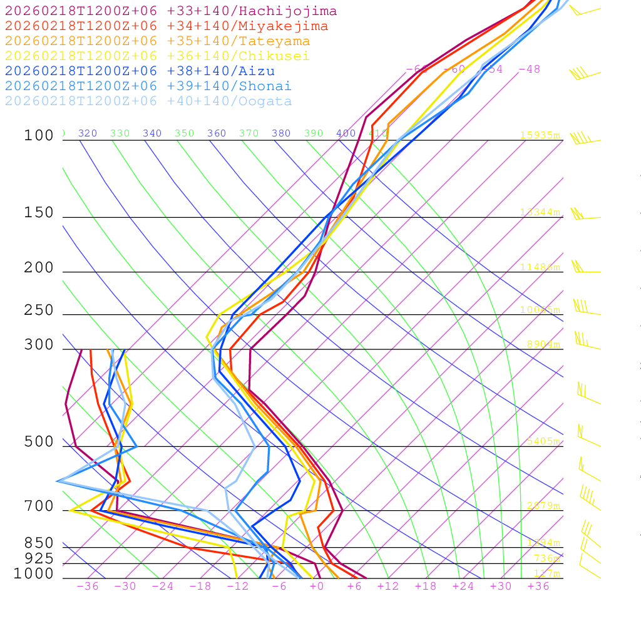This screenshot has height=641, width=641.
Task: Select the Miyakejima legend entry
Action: pos(167,26)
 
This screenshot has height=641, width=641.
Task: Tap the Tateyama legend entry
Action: pos(157,41)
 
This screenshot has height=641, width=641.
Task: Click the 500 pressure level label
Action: pos(39,442)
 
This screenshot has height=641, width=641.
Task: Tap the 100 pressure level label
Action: pos(39,136)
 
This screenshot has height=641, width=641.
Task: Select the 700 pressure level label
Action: pos(39,506)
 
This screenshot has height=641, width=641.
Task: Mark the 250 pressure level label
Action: pos(39,310)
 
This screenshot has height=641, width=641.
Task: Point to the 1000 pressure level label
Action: pos(34,574)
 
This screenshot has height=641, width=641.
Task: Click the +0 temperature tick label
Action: pos(317,587)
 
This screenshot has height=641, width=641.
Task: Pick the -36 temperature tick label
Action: pos(87,587)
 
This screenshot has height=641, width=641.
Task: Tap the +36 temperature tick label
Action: pos(538,587)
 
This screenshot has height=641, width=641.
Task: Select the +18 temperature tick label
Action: pos(426,587)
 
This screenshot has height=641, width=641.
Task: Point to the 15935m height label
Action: pos(540,135)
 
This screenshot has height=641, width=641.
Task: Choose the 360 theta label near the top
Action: pos(217,133)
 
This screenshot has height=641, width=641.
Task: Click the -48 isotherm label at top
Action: pos(530,69)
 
